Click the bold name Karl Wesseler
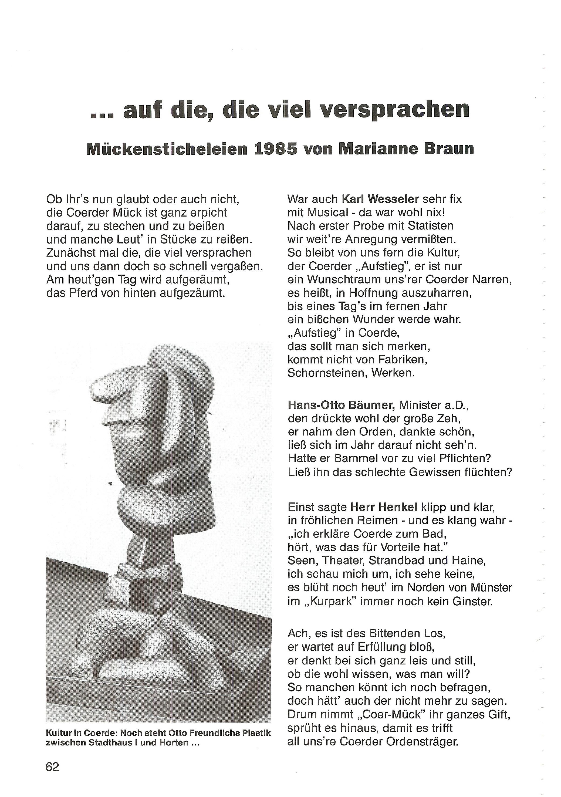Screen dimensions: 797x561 point(380,199)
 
